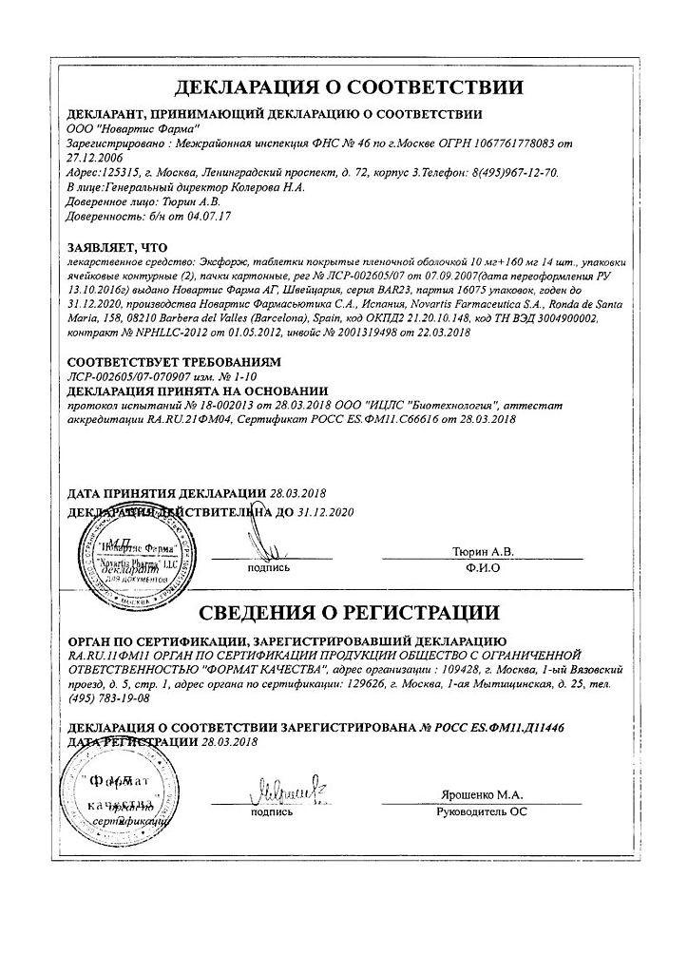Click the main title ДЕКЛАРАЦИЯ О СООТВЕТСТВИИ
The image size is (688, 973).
click(348, 87)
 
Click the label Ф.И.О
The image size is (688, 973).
click(483, 567)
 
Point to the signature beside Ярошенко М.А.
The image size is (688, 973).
click(276, 790)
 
